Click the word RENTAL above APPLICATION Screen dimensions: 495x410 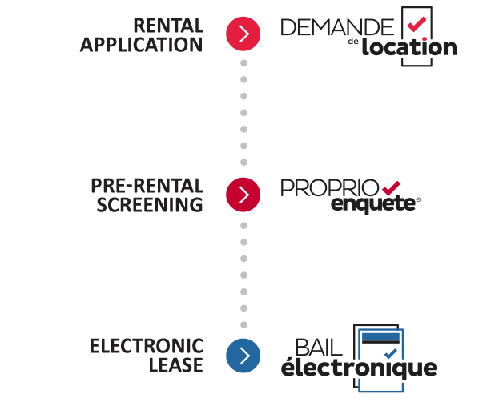coord(168,26)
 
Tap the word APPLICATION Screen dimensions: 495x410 coord(142,45)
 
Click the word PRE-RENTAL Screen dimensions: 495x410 coord(147,186)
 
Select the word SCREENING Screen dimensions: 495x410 coord(150,205)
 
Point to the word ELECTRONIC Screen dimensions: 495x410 coord(147,346)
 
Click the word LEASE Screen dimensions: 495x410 coord(176,365)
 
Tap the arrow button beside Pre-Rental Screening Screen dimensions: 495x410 coord(243,195)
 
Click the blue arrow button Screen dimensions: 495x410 coord(243,356)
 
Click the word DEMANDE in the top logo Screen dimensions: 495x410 coord(337,27)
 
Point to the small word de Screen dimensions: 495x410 coord(353,42)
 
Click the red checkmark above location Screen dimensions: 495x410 coord(417,24)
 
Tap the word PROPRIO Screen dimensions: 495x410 coord(329,188)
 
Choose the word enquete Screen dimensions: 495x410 coord(373,204)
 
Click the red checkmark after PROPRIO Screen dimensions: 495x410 coord(391,188)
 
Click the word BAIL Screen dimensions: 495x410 coord(319,348)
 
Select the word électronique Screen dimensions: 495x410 coord(359,368)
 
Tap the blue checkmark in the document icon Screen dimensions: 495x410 coord(391,353)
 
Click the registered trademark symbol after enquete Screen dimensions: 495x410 coord(418,199)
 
